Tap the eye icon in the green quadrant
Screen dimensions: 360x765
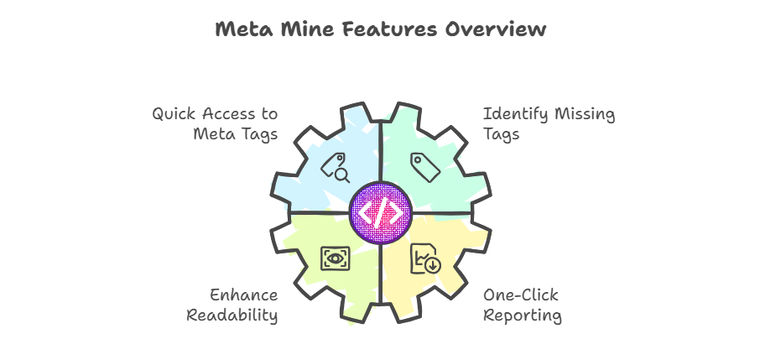(336, 258)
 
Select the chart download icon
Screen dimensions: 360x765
(425, 259)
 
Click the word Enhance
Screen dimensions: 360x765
(244, 295)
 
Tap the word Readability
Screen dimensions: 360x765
(232, 316)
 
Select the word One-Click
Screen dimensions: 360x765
(521, 295)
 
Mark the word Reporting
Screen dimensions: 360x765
(523, 316)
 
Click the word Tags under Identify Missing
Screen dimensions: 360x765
(502, 134)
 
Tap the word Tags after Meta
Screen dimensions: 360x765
(258, 134)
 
